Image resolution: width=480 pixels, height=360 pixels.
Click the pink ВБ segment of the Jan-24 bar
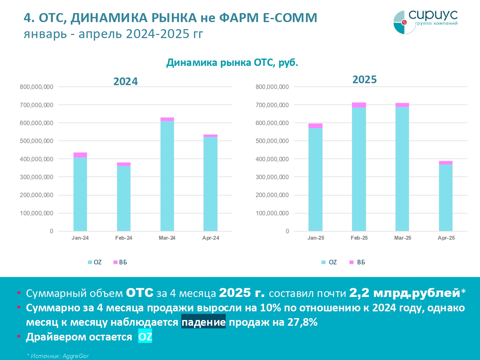click(x=80, y=155)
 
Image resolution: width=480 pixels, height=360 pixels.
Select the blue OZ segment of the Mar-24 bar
click(x=167, y=176)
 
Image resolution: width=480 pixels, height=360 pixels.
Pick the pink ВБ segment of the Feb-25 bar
click(x=359, y=105)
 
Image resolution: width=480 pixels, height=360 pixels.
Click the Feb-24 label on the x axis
click(x=124, y=238)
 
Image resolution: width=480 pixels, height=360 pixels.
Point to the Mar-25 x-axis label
click(x=403, y=238)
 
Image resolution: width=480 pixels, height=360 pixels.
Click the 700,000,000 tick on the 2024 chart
click(x=36, y=105)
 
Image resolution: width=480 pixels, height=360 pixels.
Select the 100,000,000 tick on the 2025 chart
click(x=272, y=213)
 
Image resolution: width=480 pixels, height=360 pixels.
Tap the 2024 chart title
click(x=125, y=82)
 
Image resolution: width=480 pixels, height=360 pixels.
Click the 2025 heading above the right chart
click(x=364, y=80)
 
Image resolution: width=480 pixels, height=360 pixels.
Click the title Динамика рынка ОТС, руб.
click(x=232, y=62)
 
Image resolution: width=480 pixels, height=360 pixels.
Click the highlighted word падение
click(x=203, y=322)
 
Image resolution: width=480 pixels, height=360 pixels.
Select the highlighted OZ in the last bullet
click(x=145, y=337)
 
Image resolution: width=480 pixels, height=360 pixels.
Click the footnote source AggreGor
click(x=76, y=356)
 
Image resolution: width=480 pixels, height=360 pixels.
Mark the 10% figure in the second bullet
click(x=270, y=308)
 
